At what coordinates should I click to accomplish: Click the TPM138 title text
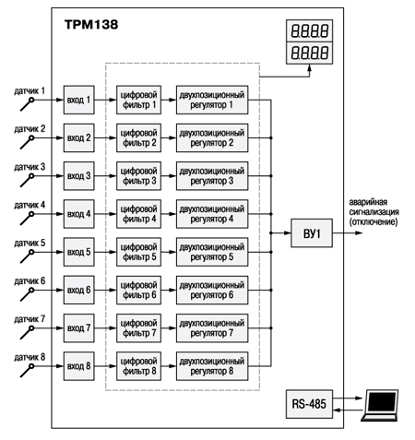point(91,25)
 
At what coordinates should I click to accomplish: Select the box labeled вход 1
point(79,100)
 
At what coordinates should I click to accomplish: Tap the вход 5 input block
point(79,252)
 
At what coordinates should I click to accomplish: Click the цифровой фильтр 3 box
point(138,176)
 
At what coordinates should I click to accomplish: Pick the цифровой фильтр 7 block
point(138,328)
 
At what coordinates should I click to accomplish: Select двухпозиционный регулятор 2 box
point(212,137)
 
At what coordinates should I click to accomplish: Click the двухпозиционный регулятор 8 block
point(212,366)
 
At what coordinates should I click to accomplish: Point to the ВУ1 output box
point(312,233)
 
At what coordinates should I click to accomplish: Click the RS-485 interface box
point(309,404)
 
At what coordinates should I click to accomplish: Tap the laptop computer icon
point(380,405)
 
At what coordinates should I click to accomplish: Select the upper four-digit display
point(310,31)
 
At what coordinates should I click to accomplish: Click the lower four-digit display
point(310,53)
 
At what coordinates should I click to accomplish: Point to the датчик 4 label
point(30,205)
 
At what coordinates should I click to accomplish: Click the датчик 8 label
point(30,357)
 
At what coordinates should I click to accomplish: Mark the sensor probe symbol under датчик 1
point(28,104)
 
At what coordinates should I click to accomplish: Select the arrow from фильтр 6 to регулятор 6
point(169,290)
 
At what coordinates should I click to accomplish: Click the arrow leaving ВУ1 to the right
point(348,233)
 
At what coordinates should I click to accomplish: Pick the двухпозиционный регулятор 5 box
point(212,252)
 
